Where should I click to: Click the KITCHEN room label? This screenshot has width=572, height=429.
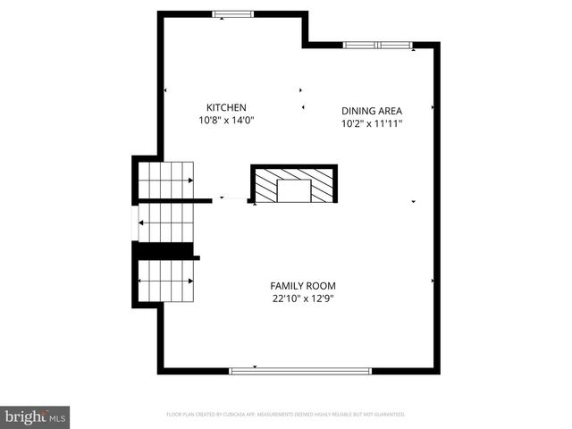click(x=226, y=107)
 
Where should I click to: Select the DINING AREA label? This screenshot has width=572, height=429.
click(x=372, y=112)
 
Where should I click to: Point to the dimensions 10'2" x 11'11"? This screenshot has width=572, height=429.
click(x=372, y=124)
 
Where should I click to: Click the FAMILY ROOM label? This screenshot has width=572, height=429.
click(x=303, y=286)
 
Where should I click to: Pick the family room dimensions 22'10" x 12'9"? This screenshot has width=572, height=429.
click(x=303, y=299)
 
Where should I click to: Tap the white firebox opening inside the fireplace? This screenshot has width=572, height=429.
click(x=293, y=191)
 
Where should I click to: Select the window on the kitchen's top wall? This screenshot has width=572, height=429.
click(x=232, y=13)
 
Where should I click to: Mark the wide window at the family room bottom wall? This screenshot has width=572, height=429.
click(x=300, y=370)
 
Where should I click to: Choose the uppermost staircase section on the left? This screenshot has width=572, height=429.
click(x=166, y=181)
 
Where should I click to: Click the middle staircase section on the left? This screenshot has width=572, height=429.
click(x=164, y=223)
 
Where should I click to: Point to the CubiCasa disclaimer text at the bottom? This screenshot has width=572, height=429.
click(x=286, y=415)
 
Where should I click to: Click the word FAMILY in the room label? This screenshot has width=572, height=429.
click(x=288, y=286)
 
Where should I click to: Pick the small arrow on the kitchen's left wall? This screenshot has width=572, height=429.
click(x=165, y=90)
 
